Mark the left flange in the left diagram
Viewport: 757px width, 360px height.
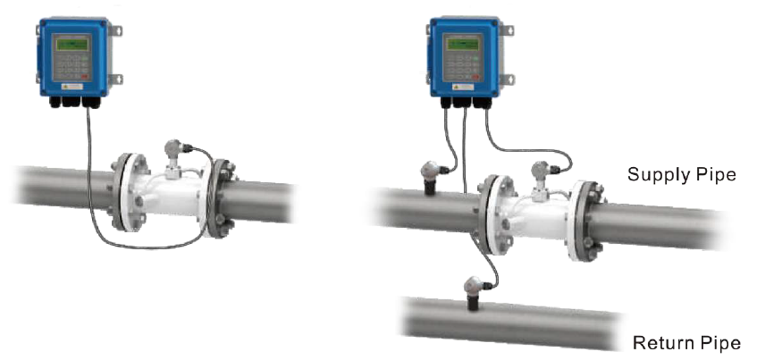(124, 191)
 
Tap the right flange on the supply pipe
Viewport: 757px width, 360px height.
(587, 220)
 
